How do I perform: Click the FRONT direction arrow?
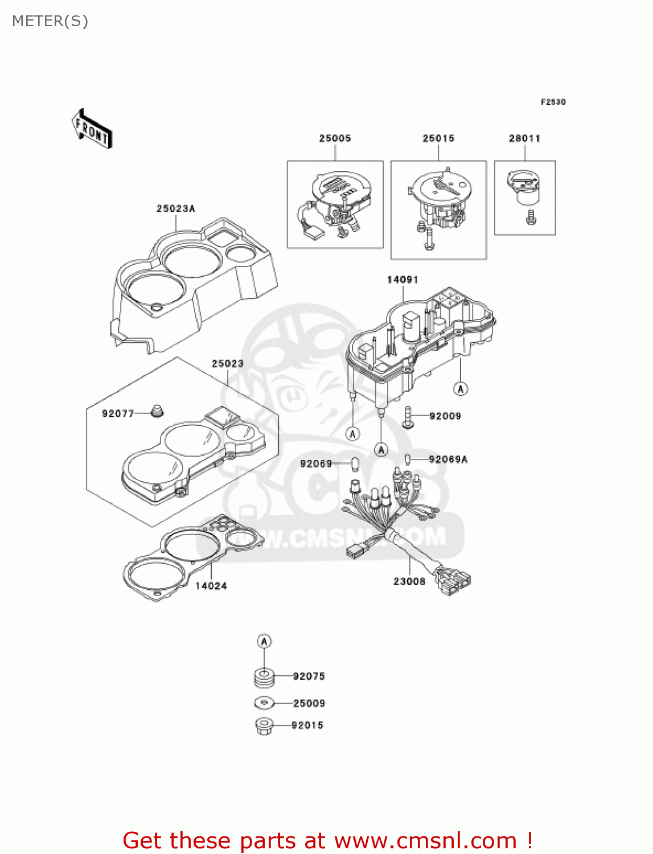tap(92, 129)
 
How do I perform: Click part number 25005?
tap(335, 138)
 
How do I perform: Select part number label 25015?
tap(438, 138)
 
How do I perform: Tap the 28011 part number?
tap(524, 138)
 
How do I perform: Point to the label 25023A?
tap(176, 208)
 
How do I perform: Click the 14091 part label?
tap(403, 280)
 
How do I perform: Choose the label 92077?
tap(118, 414)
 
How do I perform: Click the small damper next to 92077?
tap(157, 410)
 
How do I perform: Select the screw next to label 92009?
tap(408, 417)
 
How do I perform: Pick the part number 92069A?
tap(448, 459)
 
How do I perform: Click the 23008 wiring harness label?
tap(409, 581)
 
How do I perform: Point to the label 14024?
tap(211, 586)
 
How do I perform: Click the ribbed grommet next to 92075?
tap(264, 677)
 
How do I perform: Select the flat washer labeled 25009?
tap(264, 703)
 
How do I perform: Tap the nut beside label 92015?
tap(264, 726)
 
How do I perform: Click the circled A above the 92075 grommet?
tap(264, 642)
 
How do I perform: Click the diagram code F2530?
tap(553, 102)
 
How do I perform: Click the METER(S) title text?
tap(50, 21)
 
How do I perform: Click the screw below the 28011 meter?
tap(531, 217)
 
